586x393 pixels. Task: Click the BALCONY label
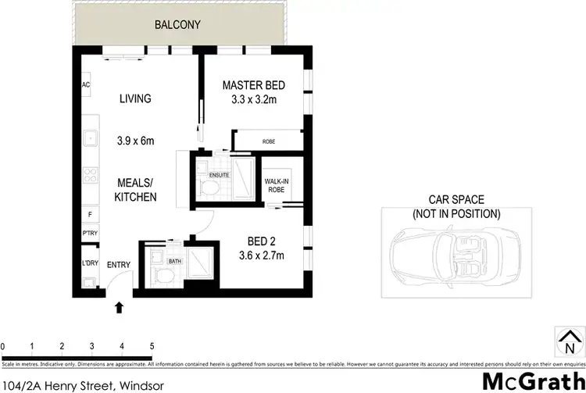pos(178,25)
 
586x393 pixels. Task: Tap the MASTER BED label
pos(254,85)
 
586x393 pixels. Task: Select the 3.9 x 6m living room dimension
pos(134,141)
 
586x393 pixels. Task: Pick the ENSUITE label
pos(219,174)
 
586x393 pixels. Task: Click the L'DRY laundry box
pos(88,265)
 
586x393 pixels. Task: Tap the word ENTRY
pos(119,266)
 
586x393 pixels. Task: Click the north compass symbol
pos(568,340)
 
